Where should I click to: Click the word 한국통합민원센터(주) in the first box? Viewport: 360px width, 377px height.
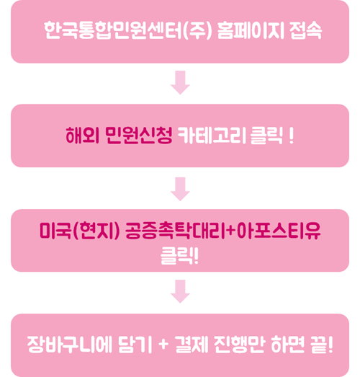point(128,30)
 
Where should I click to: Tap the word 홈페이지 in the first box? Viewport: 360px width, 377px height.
point(251,30)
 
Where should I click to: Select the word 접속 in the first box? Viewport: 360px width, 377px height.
point(306,30)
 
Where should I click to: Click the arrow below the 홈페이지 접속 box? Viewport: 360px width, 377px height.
point(181,82)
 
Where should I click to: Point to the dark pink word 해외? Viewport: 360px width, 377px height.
point(83,135)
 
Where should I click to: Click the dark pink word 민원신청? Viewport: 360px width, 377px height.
point(139,135)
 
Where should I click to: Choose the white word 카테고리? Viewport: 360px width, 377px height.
point(212,135)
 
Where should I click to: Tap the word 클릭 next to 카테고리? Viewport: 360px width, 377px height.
point(266,136)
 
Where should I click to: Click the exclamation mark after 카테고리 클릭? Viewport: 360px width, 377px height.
point(292,136)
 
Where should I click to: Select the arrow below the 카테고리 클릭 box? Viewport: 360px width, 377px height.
point(181,189)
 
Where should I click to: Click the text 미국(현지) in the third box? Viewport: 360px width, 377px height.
point(79,231)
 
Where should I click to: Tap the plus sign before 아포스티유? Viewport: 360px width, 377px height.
point(231,231)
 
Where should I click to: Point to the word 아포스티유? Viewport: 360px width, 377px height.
point(279,231)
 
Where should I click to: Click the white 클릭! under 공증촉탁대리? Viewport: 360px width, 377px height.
point(179,256)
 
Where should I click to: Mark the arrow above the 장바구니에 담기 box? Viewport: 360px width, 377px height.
point(181,291)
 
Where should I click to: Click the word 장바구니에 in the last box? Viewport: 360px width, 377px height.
point(70,345)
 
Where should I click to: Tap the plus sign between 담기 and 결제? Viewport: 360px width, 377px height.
point(163,344)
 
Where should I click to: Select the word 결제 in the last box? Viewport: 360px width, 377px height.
point(192,345)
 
